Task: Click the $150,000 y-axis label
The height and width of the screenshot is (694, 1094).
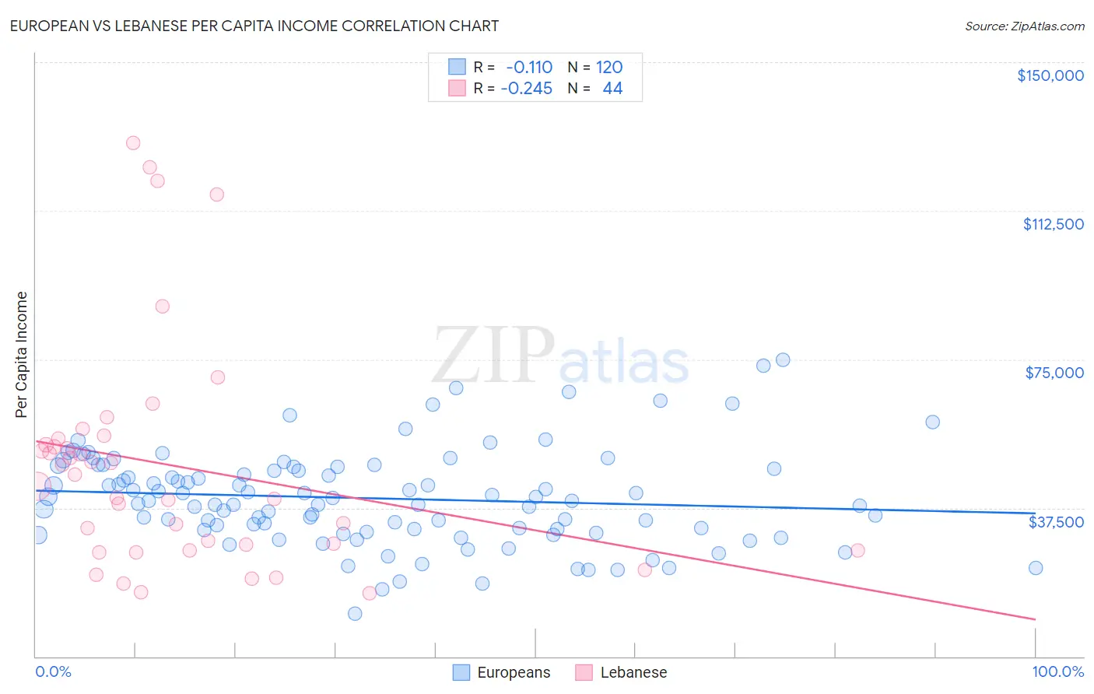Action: point(1050,75)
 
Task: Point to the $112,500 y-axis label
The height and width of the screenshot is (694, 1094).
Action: point(1053,224)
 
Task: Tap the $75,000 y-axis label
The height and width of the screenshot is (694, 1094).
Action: point(1054,373)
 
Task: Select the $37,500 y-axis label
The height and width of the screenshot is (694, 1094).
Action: point(1056,522)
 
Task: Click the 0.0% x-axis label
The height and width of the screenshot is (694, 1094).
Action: point(53,672)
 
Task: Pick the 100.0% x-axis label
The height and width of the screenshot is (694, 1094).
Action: point(1057,672)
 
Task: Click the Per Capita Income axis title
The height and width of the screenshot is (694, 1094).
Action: point(22,355)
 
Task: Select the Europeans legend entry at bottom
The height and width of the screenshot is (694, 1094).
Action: point(502,673)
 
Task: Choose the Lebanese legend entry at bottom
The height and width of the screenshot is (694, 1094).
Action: point(622,673)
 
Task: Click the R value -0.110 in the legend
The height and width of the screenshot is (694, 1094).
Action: point(529,67)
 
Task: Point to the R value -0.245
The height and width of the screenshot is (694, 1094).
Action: point(527,89)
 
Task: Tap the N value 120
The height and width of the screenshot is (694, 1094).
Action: point(609,67)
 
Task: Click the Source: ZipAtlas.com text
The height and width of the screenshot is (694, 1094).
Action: point(1024,26)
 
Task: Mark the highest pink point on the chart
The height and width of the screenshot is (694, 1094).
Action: point(133,143)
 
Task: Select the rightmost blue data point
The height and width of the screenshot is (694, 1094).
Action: point(1036,568)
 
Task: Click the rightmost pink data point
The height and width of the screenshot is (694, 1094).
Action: point(857,550)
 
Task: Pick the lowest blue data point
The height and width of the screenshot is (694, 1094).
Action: point(355,614)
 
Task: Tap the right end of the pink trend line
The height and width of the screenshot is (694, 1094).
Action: point(1036,619)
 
